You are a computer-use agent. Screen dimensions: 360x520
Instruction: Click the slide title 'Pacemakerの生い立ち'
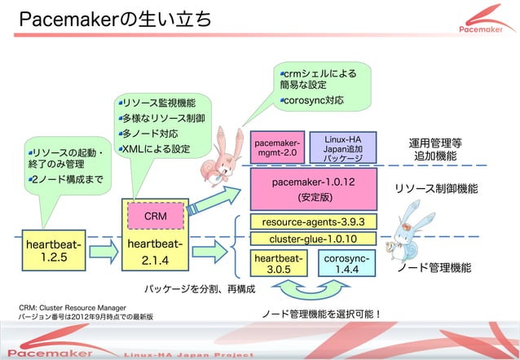(114, 20)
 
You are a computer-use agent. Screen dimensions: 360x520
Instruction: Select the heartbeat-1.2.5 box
(52, 252)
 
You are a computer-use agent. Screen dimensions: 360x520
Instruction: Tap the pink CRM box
(155, 217)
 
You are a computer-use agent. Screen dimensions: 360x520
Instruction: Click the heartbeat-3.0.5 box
(279, 264)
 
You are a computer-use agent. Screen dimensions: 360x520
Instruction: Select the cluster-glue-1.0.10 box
(313, 239)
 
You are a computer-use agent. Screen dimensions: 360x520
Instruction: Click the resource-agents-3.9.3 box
(313, 222)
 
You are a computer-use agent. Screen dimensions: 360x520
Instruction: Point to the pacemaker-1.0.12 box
(313, 189)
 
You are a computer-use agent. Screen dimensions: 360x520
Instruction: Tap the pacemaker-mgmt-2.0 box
(277, 147)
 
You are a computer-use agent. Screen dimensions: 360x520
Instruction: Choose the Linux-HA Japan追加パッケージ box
(343, 147)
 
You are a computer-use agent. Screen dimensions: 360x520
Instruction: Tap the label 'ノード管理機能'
(433, 267)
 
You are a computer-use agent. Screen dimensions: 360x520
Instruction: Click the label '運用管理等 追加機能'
(435, 149)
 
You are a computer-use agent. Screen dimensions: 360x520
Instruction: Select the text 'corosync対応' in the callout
(313, 102)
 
